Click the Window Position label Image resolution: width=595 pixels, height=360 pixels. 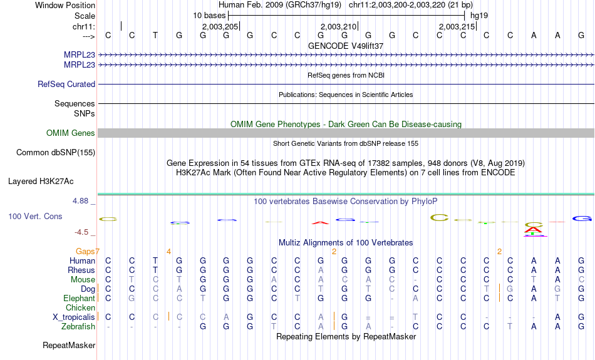coord(65,5)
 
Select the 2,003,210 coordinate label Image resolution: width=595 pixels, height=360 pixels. coord(338,27)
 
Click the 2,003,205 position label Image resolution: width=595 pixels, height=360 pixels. coord(220,27)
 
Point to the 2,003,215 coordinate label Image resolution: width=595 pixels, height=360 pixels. coord(457,27)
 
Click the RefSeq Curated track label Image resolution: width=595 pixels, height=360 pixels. coord(66,84)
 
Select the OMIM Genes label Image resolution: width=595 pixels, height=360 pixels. coord(71,133)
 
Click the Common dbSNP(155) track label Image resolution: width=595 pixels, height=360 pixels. coord(56,152)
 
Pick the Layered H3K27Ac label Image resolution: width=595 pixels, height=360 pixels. coord(41,182)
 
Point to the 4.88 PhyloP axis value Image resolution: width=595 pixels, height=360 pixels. coord(82,201)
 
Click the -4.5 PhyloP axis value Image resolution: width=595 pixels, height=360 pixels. coord(84,232)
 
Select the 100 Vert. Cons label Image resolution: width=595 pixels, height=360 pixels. coord(35,216)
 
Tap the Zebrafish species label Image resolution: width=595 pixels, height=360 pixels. coord(78,327)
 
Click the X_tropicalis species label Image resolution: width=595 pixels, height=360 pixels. coord(74,317)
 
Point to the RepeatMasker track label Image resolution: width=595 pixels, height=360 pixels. coord(69,346)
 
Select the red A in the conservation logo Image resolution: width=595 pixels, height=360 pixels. coord(321,222)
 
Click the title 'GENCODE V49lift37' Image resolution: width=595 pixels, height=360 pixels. coord(346,46)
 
